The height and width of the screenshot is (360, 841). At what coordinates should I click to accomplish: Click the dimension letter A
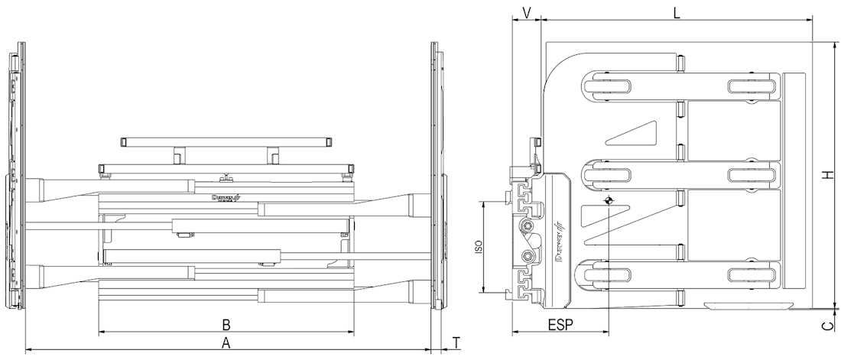coord(226,342)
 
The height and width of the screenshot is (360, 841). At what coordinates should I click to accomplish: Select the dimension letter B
coord(226,323)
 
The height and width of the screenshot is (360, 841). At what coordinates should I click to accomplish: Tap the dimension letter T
coord(456,342)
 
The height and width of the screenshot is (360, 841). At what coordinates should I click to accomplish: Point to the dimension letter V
coord(526,11)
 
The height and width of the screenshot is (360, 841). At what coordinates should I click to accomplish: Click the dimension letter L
coord(677,11)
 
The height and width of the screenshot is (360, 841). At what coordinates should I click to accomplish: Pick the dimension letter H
coord(827,176)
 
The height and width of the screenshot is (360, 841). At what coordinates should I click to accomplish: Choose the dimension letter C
coord(827,327)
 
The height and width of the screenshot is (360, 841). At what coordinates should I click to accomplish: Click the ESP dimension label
coord(560,324)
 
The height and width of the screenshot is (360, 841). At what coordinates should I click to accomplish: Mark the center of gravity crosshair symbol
coord(608,201)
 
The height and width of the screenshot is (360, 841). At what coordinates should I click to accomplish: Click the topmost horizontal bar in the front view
coord(226,142)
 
